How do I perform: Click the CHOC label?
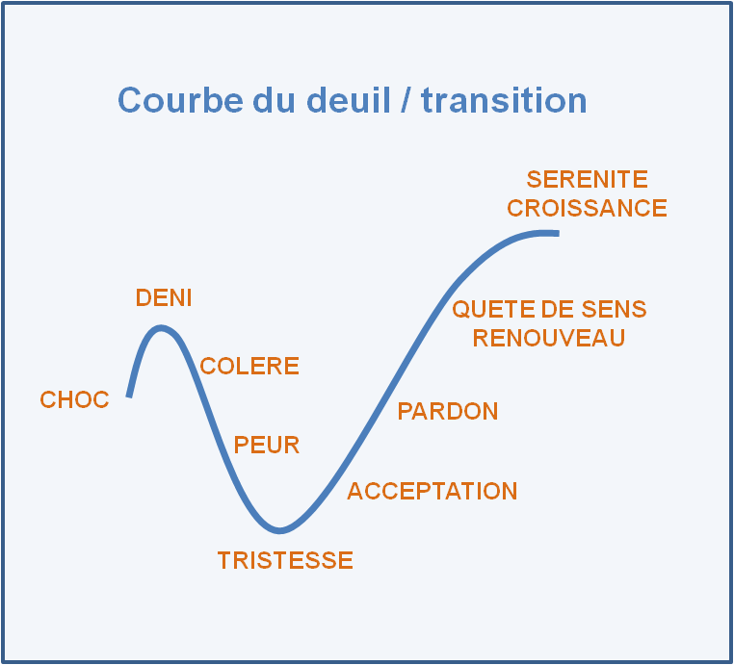click(74, 400)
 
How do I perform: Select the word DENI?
click(163, 298)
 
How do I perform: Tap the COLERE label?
click(249, 367)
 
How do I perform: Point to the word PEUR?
click(267, 446)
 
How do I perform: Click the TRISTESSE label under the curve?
click(285, 561)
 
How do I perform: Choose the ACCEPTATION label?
click(432, 492)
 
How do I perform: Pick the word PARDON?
click(448, 412)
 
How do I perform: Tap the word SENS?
click(616, 310)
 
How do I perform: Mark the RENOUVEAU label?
click(548, 338)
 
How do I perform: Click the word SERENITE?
click(587, 180)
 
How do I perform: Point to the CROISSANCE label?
click(587, 209)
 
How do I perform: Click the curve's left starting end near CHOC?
click(129, 394)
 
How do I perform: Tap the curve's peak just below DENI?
click(162, 328)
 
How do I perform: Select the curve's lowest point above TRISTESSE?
click(280, 529)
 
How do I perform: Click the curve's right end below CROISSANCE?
click(556, 232)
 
